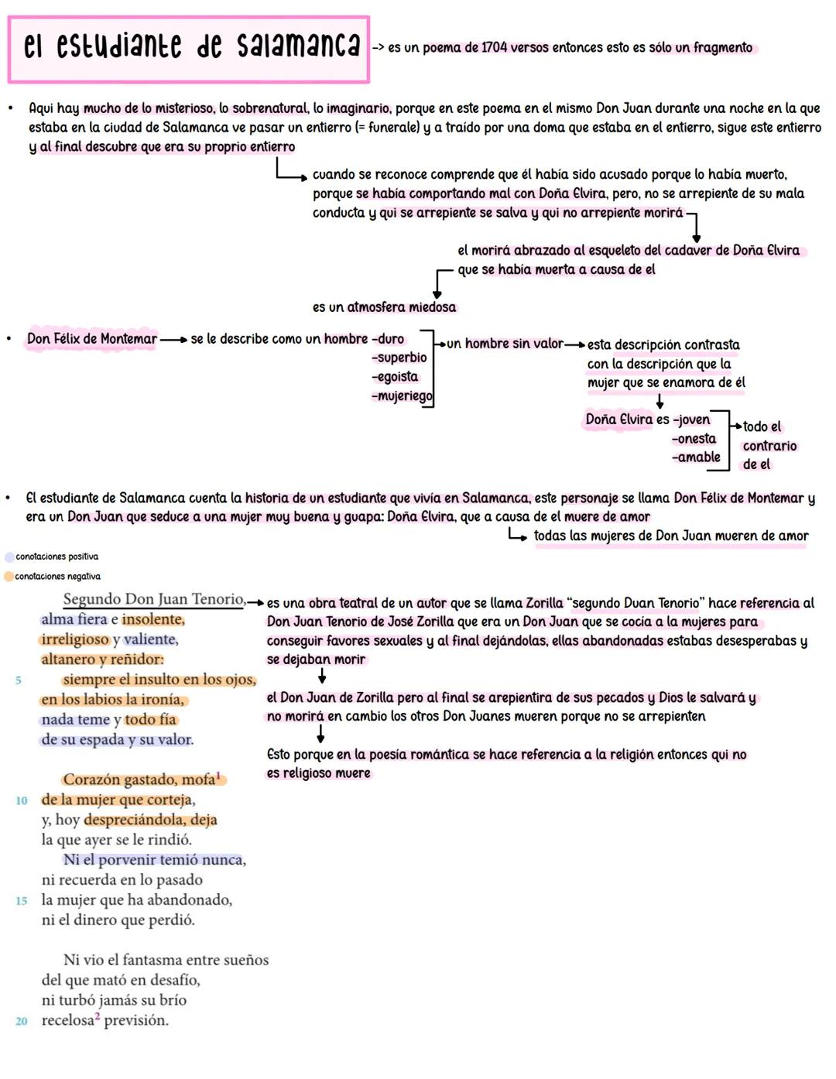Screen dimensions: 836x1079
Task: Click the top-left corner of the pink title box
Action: tap(8, 16)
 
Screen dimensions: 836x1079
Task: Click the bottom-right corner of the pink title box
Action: tap(369, 82)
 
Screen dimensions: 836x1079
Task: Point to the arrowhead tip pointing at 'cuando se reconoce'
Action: tap(307, 177)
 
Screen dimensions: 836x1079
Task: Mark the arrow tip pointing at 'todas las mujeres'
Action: tap(526, 538)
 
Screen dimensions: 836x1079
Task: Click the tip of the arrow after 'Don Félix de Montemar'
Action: tap(187, 340)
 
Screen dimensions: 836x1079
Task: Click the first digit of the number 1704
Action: tap(483, 48)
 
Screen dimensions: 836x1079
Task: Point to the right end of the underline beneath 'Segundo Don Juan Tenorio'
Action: tap(245, 608)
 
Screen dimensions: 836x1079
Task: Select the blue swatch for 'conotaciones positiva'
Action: tap(9, 557)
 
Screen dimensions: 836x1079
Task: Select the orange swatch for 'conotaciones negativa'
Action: tap(9, 577)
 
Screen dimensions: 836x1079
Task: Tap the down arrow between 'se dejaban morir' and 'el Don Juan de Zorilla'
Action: tap(322, 676)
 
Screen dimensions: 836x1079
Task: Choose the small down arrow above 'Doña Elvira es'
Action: tap(660, 401)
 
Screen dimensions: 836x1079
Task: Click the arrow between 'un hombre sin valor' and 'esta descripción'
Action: tap(575, 344)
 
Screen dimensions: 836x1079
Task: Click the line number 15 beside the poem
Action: tap(22, 901)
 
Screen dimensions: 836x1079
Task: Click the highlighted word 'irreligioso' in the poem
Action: tap(74, 639)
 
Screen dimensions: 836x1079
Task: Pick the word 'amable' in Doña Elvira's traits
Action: tap(699, 457)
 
